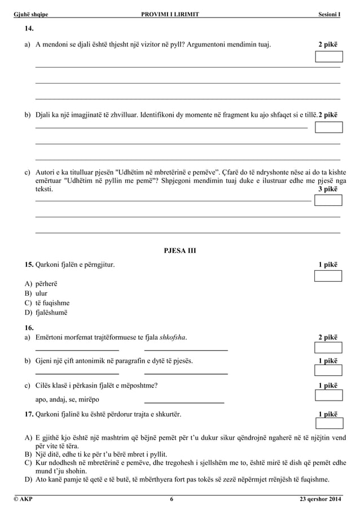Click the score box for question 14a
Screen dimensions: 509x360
click(328, 56)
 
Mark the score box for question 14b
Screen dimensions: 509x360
click(328, 127)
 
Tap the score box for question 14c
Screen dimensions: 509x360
click(328, 200)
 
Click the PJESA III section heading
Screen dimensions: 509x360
click(179, 251)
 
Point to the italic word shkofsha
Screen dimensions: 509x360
click(173, 337)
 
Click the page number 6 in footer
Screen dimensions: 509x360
click(172, 499)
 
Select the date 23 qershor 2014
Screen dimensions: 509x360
click(320, 499)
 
